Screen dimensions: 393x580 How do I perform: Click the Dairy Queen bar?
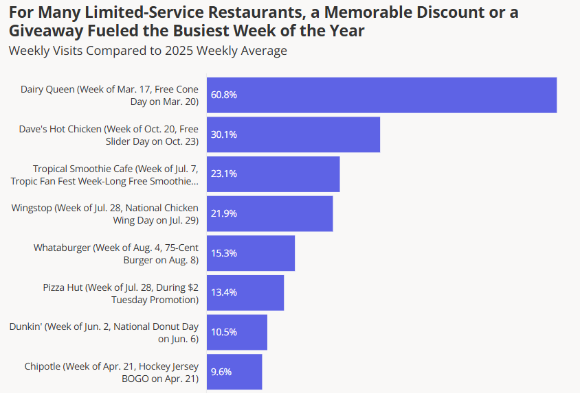(381, 95)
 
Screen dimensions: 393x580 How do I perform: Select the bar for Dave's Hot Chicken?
(293, 134)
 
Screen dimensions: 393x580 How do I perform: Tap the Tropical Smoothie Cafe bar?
(273, 174)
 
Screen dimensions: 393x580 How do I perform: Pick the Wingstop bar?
(269, 213)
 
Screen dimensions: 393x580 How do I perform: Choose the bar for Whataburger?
(251, 253)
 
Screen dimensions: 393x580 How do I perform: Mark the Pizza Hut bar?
(245, 292)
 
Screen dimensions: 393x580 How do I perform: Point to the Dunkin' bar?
(237, 332)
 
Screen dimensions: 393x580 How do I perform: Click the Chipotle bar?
(234, 371)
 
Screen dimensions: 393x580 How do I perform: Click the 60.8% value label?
(224, 95)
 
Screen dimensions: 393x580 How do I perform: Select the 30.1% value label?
(224, 134)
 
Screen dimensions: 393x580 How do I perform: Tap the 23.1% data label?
(224, 174)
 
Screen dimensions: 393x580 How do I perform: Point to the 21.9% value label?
(224, 213)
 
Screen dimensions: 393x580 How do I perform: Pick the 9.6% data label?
(221, 372)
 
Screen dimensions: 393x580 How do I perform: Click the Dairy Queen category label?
(109, 95)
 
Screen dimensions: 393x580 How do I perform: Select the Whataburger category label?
(115, 253)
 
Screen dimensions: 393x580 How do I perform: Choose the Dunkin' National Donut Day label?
(104, 333)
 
